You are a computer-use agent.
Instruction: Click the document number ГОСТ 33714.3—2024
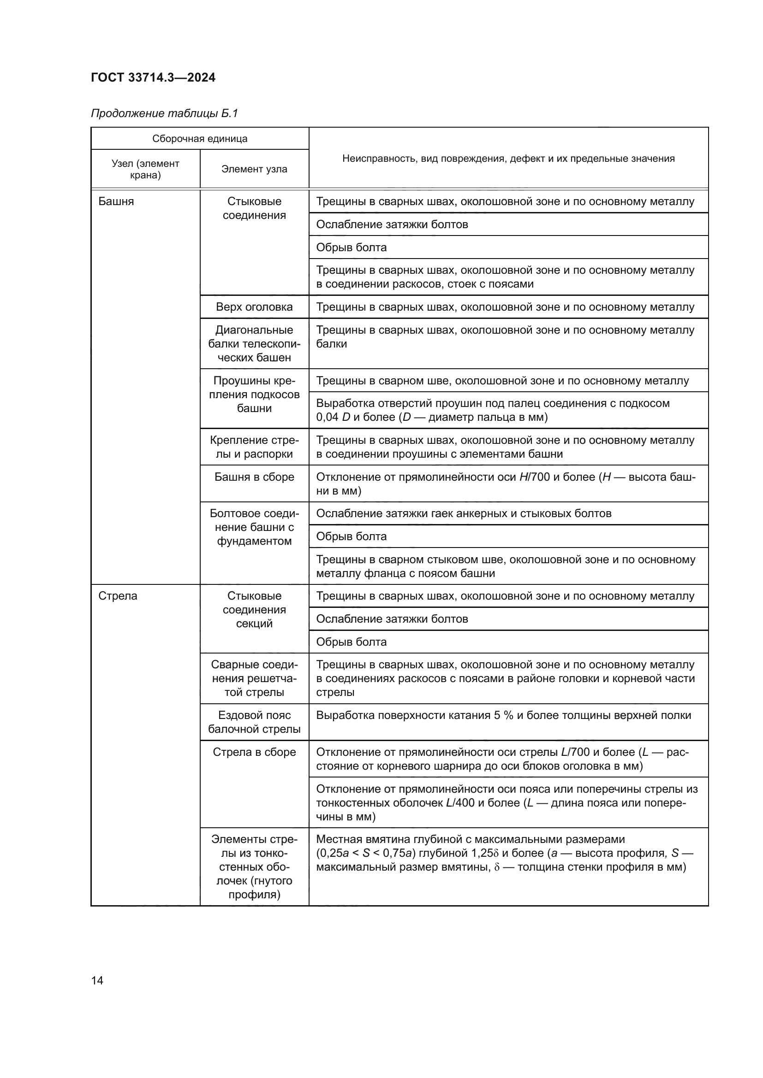[153, 77]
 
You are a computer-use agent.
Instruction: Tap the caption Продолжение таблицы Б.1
[164, 113]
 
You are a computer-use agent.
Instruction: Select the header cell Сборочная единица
[200, 139]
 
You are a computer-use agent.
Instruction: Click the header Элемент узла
[254, 169]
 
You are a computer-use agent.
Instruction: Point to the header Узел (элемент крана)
[145, 169]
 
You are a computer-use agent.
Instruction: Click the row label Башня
[116, 201]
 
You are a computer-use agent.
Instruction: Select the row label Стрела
[118, 596]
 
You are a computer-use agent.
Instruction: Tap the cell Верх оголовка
[254, 307]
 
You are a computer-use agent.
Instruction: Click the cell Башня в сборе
[254, 477]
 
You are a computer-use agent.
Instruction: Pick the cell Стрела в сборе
[254, 752]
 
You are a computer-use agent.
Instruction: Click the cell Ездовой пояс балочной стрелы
[254, 722]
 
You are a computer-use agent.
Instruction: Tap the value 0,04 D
[333, 417]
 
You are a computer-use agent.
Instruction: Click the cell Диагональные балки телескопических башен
[254, 344]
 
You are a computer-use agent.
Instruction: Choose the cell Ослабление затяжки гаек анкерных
[463, 513]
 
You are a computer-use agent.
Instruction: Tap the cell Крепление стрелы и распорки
[254, 447]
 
